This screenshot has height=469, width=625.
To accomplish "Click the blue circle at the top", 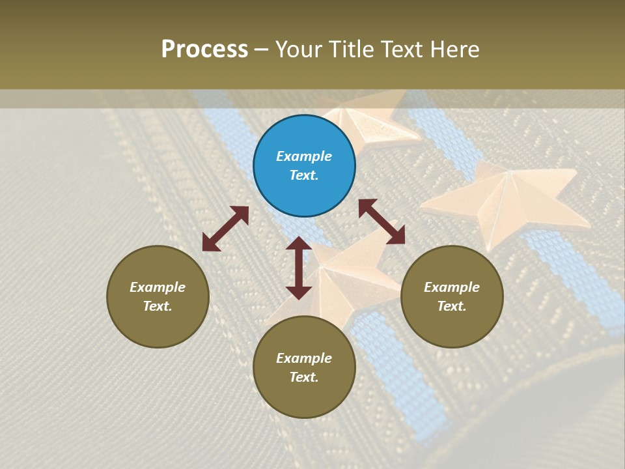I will (x=304, y=166).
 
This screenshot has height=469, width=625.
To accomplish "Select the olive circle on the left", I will (x=158, y=296).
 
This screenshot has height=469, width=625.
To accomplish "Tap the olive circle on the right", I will (x=452, y=296).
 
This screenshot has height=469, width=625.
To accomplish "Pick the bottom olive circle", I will (x=304, y=367).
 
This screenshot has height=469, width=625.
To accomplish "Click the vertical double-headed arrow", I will (x=298, y=268).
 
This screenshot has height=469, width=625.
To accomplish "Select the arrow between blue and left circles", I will (x=225, y=229).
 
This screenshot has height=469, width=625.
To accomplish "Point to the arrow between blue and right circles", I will (x=382, y=221).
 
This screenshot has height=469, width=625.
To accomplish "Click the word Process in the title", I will (x=204, y=50).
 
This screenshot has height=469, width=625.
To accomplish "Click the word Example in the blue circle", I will (x=304, y=156).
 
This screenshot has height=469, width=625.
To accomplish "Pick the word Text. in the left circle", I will (x=158, y=306).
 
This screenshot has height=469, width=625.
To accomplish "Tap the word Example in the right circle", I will (x=452, y=287).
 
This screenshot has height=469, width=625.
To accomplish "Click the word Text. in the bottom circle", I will (x=304, y=377).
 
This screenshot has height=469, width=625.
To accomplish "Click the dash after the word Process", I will (x=262, y=50).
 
